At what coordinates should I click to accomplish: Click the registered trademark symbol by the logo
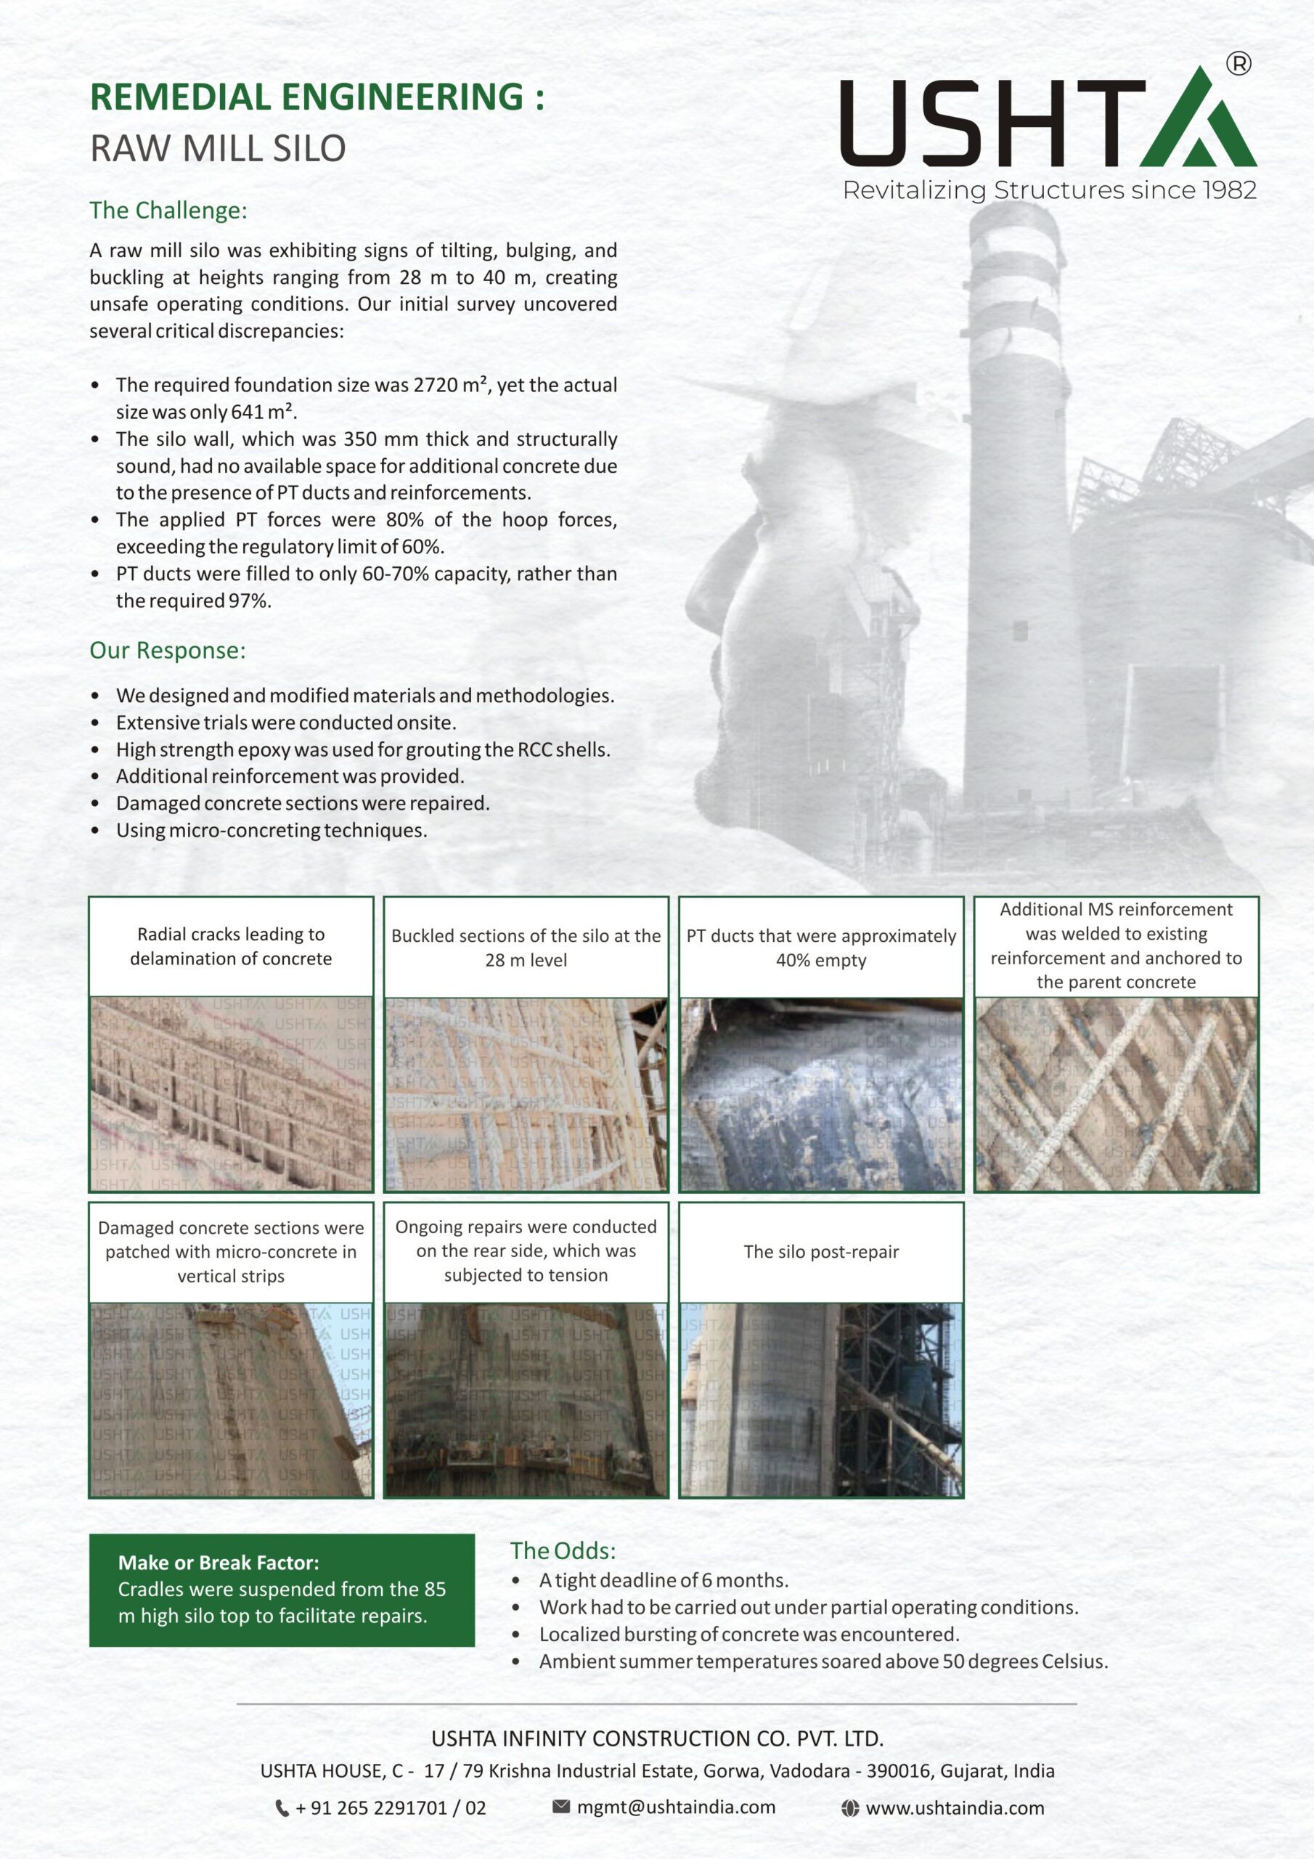pyautogui.click(x=1238, y=63)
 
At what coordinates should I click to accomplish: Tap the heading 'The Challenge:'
pyautogui.click(x=168, y=211)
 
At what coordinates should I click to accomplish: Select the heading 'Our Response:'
pyautogui.click(x=168, y=650)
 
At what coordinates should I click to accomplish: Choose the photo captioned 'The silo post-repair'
pyautogui.click(x=821, y=1399)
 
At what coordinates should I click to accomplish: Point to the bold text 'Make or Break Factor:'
pyautogui.click(x=219, y=1563)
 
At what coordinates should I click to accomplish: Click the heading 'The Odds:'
pyautogui.click(x=563, y=1550)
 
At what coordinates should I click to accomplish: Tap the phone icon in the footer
pyautogui.click(x=282, y=1808)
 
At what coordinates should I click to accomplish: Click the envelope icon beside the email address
pyautogui.click(x=561, y=1807)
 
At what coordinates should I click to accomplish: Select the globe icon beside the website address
pyautogui.click(x=849, y=1808)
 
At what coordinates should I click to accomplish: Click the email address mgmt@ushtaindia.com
pyautogui.click(x=676, y=1807)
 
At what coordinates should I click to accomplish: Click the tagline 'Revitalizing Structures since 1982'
pyautogui.click(x=1049, y=190)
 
